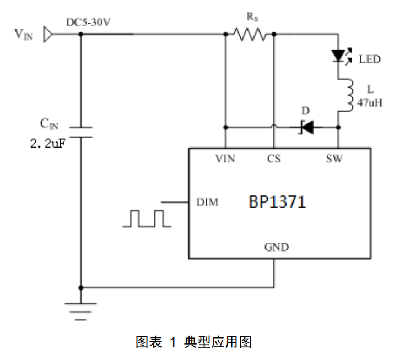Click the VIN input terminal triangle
(x=47, y=35)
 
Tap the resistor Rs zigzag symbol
(x=250, y=35)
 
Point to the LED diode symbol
(x=338, y=56)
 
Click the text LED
(x=369, y=59)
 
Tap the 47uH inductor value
(x=370, y=102)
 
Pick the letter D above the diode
(x=305, y=111)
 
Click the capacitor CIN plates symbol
(x=81, y=132)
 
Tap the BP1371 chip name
(x=277, y=202)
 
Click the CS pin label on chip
(x=274, y=159)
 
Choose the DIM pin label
(x=207, y=203)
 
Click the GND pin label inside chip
(x=276, y=247)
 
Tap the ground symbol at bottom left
(x=81, y=310)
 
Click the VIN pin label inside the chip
(x=225, y=159)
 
